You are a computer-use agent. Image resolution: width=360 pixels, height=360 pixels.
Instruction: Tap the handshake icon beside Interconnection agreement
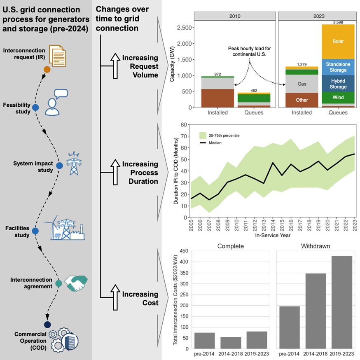pos(76,283)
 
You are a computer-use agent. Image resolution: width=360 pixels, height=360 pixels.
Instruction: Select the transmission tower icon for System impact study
pos(74,164)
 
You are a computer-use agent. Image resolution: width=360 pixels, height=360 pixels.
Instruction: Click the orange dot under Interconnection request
pos(47,70)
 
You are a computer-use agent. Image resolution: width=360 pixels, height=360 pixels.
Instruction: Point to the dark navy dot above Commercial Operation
pos(47,324)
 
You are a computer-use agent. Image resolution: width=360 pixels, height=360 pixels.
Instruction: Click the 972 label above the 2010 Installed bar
pos(218,74)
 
